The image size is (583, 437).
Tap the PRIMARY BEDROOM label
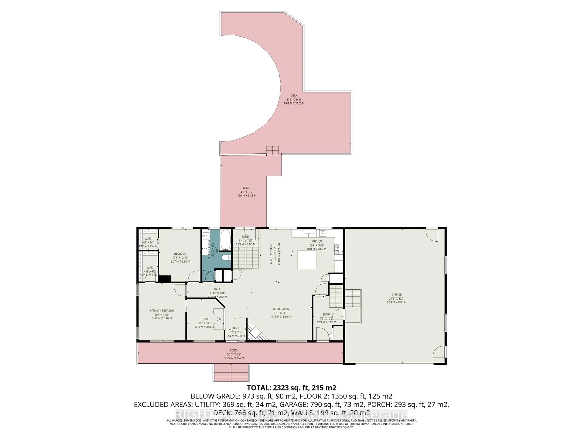point(162,311)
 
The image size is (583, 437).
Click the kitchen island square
point(307,260)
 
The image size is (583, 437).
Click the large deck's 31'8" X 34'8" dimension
point(294,100)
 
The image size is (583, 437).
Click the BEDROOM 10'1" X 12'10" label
point(180,254)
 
